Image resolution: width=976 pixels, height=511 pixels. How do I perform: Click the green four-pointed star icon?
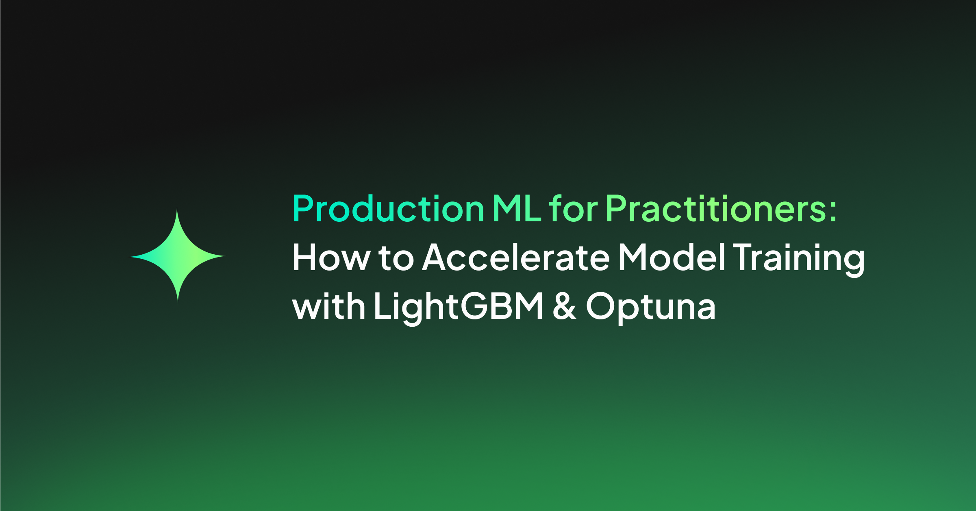click(177, 256)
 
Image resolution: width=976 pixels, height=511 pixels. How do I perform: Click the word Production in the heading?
click(388, 208)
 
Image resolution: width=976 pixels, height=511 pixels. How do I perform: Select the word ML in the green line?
click(517, 208)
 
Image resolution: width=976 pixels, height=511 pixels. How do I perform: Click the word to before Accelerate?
click(396, 258)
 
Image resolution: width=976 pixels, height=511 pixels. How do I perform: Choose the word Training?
click(800, 260)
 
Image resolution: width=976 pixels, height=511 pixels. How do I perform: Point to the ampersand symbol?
click(565, 305)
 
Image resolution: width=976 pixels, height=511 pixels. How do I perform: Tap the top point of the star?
click(177, 207)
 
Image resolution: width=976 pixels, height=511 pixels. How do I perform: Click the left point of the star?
click(128, 257)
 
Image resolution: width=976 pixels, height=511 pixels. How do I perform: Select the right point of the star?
click(227, 256)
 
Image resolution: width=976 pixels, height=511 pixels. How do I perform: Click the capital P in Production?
click(302, 208)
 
